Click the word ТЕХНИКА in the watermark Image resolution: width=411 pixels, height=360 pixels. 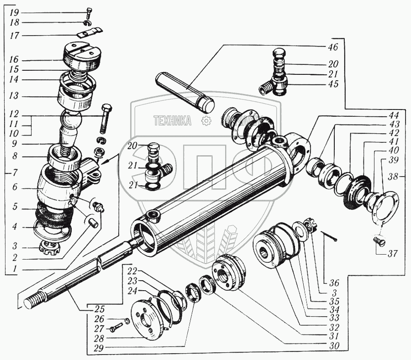tap(172, 121)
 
